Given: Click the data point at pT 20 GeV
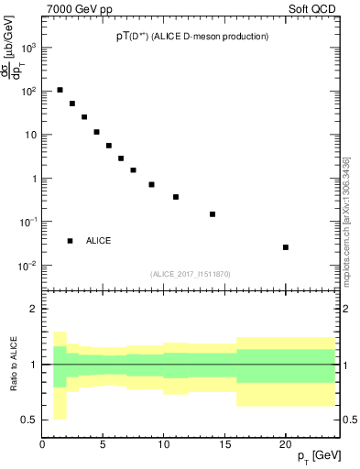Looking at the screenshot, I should pos(286,247).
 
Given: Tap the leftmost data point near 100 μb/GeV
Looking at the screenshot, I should pos(60,90).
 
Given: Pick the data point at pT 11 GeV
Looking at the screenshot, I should pos(176,197).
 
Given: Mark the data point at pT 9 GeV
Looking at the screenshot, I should pos(151,184).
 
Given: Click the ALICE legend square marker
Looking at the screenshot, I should pos(70,241).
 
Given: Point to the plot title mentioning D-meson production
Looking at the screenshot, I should pos(199,37).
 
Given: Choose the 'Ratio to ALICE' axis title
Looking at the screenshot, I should pos(12,365).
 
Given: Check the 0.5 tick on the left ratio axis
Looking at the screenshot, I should pos(28,420).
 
